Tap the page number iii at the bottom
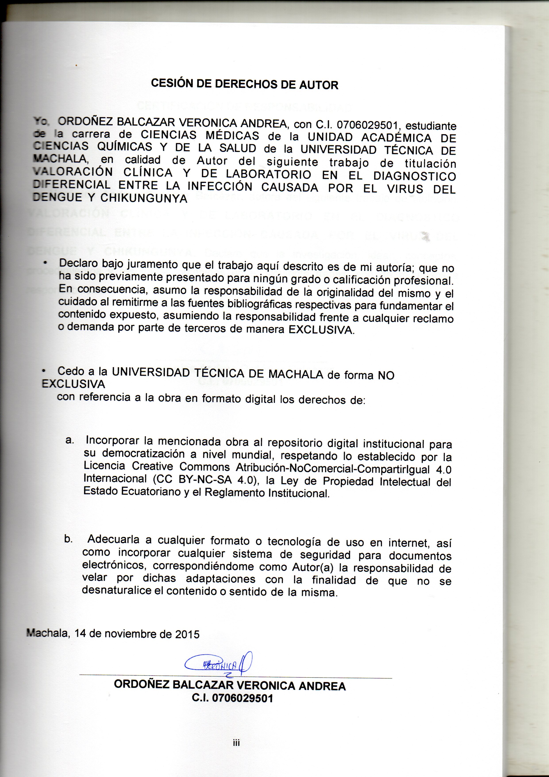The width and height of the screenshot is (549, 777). pyautogui.click(x=236, y=743)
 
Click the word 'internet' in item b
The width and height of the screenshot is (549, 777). pyautogui.click(x=409, y=543)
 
